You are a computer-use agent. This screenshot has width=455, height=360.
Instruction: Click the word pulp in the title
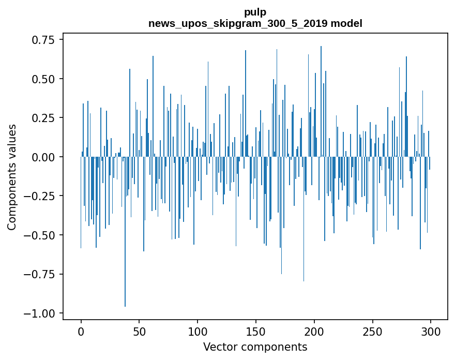click(255, 12)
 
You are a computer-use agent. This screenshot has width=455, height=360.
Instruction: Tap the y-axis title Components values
click(12, 176)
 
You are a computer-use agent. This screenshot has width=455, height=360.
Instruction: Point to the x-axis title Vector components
click(255, 347)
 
